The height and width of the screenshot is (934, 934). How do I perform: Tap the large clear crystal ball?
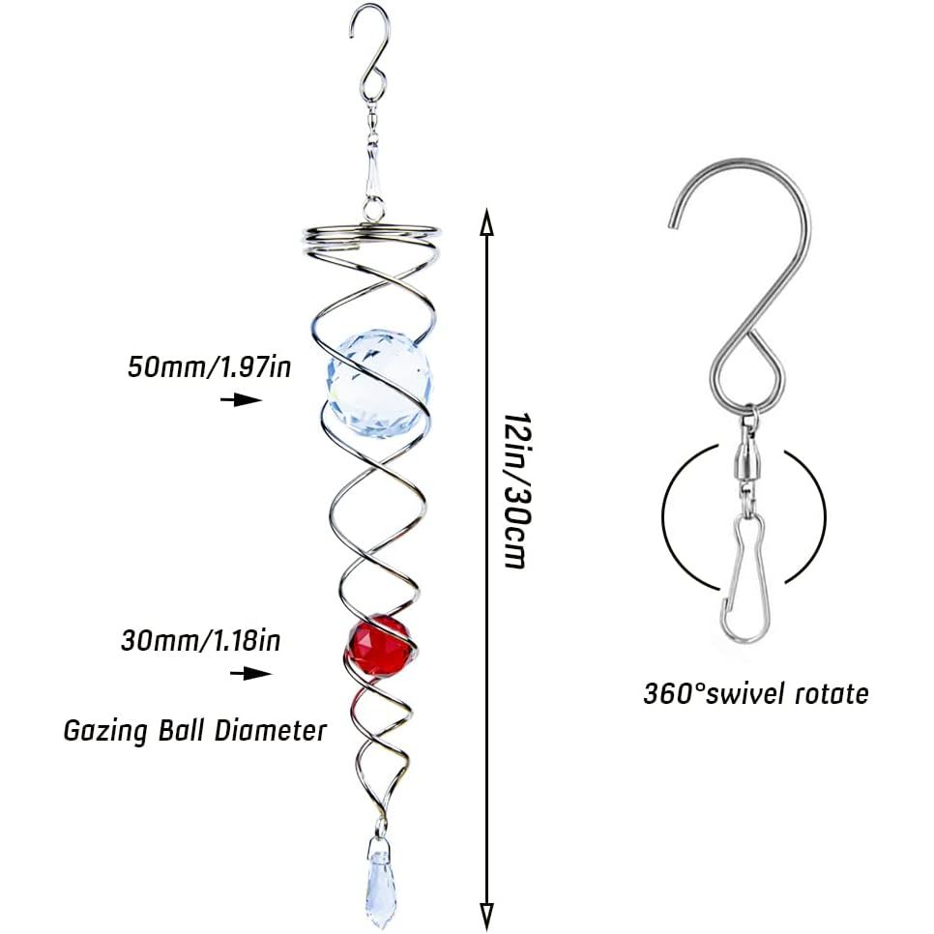point(379,384)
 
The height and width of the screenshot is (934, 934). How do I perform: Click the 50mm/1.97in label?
point(210,366)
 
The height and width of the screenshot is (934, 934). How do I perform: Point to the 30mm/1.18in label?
point(201,641)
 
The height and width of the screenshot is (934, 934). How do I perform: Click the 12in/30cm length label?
point(516,489)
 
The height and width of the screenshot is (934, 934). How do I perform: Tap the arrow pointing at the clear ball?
point(242,399)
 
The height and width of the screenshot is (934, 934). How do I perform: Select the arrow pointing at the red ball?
point(250,673)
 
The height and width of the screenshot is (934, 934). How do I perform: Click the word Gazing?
point(105,731)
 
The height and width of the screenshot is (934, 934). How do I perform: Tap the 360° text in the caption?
point(674,694)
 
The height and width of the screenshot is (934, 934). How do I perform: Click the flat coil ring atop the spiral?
point(371,236)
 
